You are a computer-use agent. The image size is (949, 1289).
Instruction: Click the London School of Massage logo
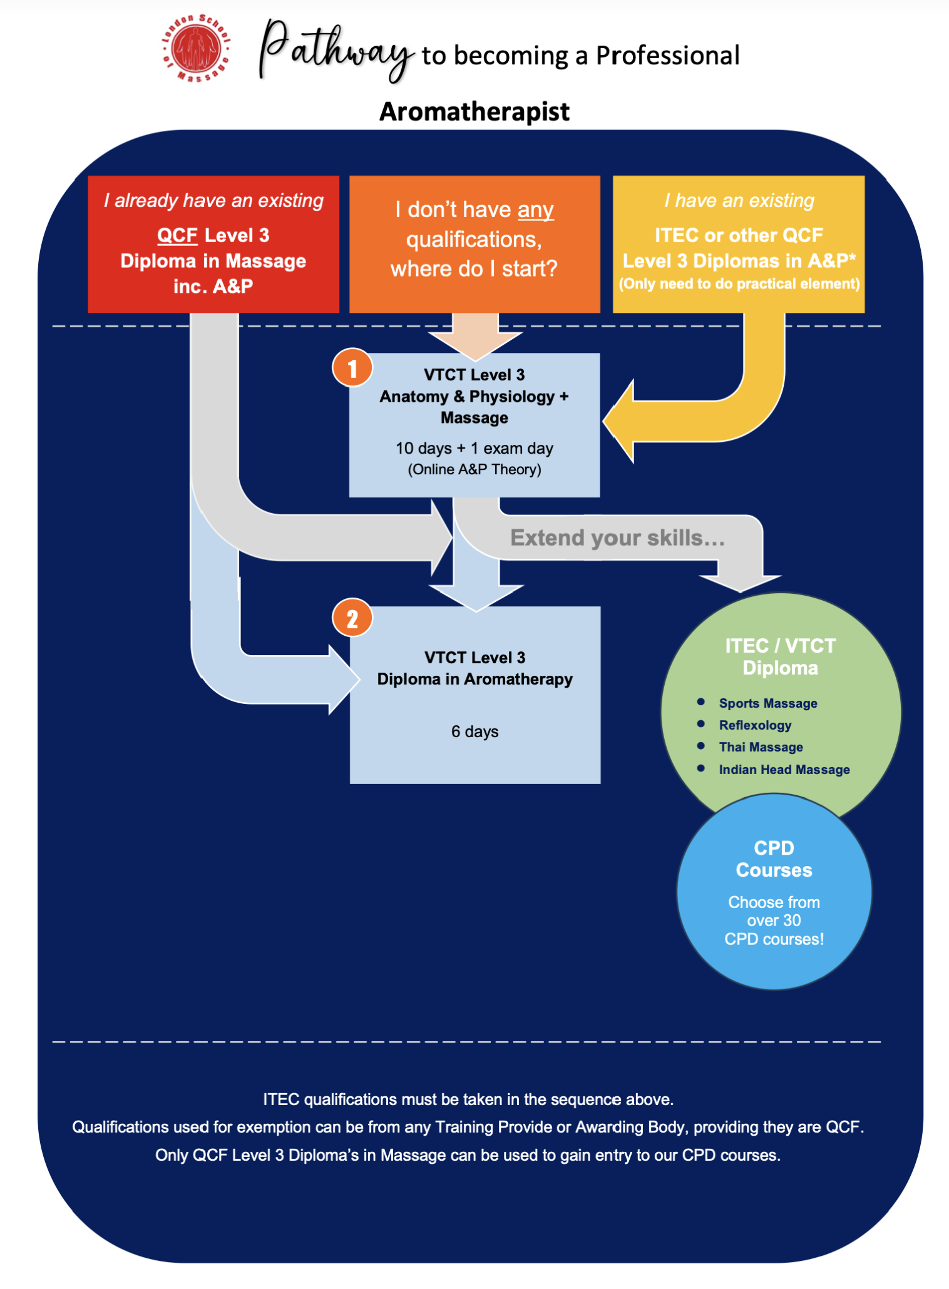tap(196, 48)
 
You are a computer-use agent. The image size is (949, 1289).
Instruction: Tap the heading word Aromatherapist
tap(474, 112)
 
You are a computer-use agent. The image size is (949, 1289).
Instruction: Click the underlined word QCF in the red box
tap(177, 235)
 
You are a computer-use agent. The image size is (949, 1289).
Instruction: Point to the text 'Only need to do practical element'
tap(739, 284)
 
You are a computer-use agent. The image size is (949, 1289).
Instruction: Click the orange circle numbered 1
tap(352, 368)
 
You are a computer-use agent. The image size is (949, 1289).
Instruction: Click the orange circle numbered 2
tap(352, 618)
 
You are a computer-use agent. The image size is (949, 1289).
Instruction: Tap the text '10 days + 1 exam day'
tap(474, 449)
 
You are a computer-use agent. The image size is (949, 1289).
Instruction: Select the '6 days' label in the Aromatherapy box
tap(474, 731)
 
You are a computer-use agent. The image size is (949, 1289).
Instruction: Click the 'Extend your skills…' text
tap(617, 538)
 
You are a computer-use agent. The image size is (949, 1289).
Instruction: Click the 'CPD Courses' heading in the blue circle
tap(774, 859)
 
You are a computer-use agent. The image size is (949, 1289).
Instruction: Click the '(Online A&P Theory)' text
tap(474, 469)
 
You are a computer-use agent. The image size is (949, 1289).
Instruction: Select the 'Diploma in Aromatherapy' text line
tap(474, 680)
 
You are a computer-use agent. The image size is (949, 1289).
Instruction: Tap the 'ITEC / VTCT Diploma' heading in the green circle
tap(780, 657)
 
